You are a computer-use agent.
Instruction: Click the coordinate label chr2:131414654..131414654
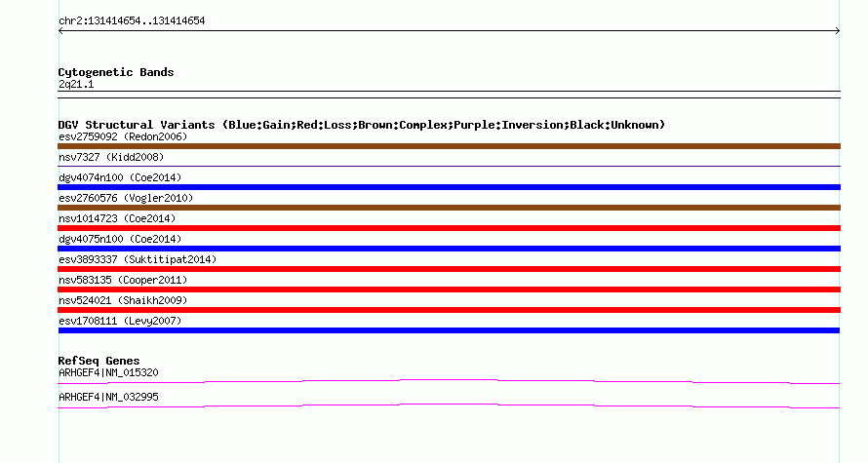click(132, 21)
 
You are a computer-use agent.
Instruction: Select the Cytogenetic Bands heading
click(116, 72)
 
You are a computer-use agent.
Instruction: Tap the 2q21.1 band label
click(76, 85)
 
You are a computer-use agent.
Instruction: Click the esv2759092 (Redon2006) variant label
click(123, 136)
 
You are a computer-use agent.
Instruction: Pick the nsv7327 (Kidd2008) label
click(111, 157)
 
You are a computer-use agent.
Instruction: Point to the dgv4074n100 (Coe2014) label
click(120, 177)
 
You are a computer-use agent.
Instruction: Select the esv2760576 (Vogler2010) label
click(126, 198)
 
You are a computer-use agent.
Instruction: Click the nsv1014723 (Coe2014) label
click(117, 218)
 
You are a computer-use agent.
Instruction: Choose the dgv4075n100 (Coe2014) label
click(120, 239)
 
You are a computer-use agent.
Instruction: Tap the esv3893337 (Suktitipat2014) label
click(138, 259)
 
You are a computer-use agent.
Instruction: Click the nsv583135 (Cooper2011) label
click(123, 280)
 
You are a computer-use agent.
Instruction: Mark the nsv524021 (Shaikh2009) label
click(123, 300)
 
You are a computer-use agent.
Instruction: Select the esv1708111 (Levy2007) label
click(120, 321)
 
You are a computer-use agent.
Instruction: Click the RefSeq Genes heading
click(99, 361)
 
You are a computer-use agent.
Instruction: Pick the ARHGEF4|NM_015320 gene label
click(108, 372)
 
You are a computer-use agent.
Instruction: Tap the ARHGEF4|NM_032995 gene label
click(108, 397)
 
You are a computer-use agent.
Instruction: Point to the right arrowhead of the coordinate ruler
click(838, 31)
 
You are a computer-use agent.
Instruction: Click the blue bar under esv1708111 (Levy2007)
click(449, 330)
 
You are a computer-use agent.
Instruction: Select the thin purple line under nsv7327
click(449, 166)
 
